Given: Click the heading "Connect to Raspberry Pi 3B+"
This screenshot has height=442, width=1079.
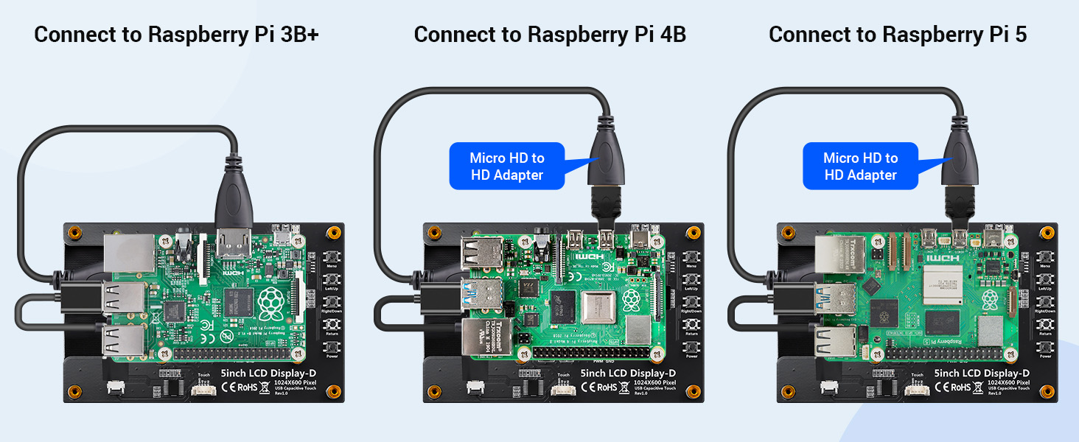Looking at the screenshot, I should pyautogui.click(x=176, y=35).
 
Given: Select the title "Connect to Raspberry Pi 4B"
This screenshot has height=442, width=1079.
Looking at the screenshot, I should pyautogui.click(x=550, y=35).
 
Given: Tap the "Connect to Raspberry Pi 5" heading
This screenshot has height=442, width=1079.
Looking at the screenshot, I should pyautogui.click(x=897, y=35).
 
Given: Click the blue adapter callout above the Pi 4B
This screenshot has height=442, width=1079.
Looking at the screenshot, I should pyautogui.click(x=506, y=166).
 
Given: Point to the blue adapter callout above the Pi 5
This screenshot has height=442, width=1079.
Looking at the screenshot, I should pyautogui.click(x=860, y=166).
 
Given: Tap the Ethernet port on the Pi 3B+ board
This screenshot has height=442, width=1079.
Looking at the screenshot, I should pyautogui.click(x=129, y=253).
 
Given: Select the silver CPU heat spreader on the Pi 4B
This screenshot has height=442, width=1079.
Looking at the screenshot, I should pyautogui.click(x=598, y=306).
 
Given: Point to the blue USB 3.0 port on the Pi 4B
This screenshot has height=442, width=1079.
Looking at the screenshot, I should pyautogui.click(x=482, y=292).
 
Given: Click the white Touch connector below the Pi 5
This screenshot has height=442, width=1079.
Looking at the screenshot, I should pyautogui.click(x=916, y=388).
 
